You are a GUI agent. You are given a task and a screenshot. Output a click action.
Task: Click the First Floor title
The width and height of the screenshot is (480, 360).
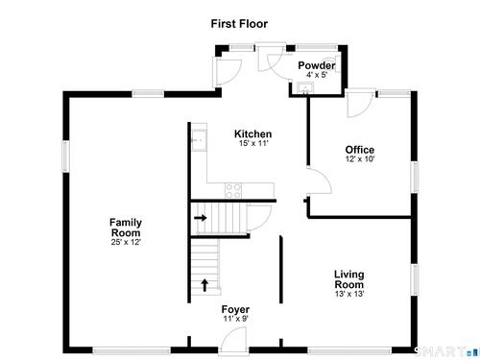(239, 24)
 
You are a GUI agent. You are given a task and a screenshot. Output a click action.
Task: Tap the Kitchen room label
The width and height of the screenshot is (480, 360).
(252, 133)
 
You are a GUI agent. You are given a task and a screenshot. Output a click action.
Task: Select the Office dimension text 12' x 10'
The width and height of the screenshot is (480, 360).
(360, 159)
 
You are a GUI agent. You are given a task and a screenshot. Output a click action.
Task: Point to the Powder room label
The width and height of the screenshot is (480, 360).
(317, 65)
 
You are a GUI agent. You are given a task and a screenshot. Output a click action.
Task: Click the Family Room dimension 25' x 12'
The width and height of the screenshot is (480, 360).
(126, 242)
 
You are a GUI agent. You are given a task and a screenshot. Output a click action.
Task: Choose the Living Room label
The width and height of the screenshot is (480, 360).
(349, 279)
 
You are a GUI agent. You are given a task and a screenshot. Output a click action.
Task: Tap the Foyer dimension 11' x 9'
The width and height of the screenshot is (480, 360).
(236, 319)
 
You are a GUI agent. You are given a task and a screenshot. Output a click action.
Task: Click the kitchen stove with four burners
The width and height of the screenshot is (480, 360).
(233, 191)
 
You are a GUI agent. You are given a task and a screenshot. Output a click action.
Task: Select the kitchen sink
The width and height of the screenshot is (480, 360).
(199, 140)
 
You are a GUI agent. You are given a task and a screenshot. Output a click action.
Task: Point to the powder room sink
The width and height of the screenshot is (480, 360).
(305, 87)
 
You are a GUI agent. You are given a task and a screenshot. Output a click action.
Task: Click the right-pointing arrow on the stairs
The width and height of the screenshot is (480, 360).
(201, 218)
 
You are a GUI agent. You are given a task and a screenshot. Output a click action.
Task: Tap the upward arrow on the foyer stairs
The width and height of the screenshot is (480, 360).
(204, 285)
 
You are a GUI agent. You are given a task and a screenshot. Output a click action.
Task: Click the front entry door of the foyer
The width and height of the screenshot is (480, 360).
(232, 341)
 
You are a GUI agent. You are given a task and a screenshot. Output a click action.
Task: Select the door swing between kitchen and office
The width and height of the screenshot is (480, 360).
(320, 180)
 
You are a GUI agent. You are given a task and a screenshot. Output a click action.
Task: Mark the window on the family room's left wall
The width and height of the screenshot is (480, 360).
(65, 156)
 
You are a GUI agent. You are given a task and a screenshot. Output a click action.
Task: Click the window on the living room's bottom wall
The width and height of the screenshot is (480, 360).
(349, 351)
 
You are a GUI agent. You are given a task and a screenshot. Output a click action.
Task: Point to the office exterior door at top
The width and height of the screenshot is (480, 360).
(360, 103)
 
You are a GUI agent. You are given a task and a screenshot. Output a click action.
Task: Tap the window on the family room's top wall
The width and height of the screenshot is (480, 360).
(148, 94)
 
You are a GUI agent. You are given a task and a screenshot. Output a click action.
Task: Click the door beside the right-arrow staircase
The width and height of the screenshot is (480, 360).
(259, 218)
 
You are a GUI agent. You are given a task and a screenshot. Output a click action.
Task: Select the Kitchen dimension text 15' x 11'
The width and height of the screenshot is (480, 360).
(253, 143)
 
